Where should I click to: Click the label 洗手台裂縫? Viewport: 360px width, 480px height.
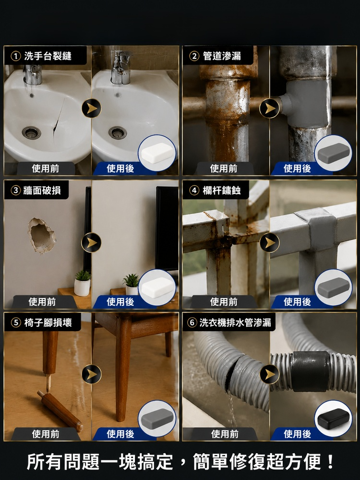[48, 56]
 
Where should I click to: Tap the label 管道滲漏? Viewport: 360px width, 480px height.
[222, 56]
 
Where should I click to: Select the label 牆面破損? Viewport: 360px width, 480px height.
[42, 191]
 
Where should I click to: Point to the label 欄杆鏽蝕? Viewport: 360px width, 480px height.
[221, 191]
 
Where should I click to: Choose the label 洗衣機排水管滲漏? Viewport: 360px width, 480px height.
[235, 323]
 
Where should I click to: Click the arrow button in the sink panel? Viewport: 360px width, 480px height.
[91, 108]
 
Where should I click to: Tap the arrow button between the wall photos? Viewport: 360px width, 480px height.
[91, 242]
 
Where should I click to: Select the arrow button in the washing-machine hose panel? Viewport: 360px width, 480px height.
[269, 374]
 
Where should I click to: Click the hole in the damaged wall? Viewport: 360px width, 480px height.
[42, 235]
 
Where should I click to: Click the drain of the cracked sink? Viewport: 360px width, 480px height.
[31, 132]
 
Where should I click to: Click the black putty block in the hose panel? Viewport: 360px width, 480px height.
[333, 419]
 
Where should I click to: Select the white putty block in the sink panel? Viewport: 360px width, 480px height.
[157, 153]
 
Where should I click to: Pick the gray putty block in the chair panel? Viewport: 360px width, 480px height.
[157, 418]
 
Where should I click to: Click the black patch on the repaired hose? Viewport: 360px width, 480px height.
[310, 372]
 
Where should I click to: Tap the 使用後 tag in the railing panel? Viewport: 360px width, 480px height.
[297, 302]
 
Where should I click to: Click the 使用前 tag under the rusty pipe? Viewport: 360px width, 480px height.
[224, 168]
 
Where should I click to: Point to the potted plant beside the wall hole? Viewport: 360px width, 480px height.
[83, 283]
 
